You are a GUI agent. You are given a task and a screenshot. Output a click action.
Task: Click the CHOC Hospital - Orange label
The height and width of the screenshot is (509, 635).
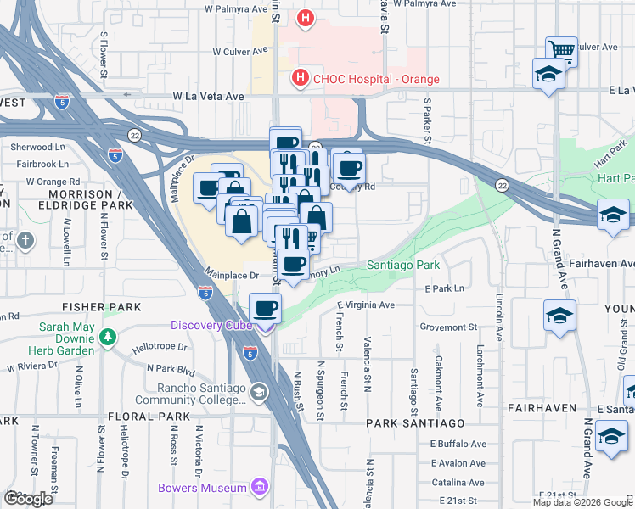point(365,79)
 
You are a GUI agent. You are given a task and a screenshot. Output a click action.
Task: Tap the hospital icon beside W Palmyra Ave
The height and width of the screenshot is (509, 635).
point(304,17)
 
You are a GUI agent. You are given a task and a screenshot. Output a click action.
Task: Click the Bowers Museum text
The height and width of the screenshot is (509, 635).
point(202,487)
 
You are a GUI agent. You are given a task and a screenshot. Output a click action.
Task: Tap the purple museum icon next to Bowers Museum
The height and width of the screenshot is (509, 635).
point(260,487)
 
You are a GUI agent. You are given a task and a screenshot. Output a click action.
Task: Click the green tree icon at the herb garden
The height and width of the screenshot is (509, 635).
point(107,338)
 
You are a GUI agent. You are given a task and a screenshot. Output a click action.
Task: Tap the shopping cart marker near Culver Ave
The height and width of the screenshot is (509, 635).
point(561,51)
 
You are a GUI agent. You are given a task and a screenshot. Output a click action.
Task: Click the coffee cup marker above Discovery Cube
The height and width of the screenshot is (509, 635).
point(265,307)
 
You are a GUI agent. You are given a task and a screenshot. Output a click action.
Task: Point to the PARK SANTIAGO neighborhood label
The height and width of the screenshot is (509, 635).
point(415,422)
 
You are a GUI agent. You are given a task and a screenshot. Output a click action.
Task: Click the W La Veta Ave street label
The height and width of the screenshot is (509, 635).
point(208,97)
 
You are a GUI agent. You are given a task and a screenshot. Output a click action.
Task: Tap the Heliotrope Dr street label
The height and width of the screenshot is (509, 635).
point(160,347)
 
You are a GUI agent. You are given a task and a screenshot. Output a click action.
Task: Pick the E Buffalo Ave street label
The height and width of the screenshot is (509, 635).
point(458,444)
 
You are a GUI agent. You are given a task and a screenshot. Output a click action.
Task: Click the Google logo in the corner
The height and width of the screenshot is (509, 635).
point(27,499)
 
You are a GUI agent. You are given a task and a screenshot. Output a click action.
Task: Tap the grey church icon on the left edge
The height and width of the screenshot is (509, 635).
point(26,241)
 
